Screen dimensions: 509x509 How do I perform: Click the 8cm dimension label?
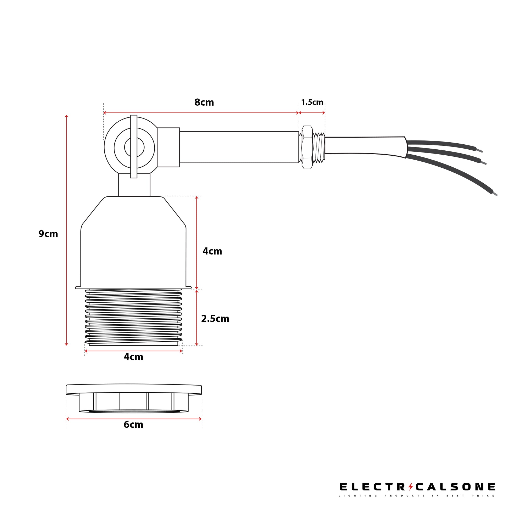pyautogui.click(x=204, y=102)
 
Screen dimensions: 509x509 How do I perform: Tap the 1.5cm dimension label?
pyautogui.click(x=312, y=102)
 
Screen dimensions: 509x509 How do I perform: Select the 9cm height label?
pyautogui.click(x=48, y=234)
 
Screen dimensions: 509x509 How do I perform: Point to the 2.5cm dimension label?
pyautogui.click(x=215, y=319)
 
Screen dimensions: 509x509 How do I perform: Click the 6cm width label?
pyautogui.click(x=133, y=425)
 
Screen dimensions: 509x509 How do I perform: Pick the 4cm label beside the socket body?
pyautogui.click(x=212, y=251)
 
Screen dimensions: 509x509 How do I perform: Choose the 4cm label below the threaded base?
pyautogui.click(x=133, y=357)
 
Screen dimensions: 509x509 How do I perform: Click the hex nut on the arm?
pyautogui.click(x=307, y=147)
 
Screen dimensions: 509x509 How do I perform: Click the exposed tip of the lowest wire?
pyautogui.click(x=495, y=194)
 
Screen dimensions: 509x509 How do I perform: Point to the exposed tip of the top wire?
pyautogui.click(x=480, y=151)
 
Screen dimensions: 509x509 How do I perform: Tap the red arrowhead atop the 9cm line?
pyautogui.click(x=66, y=116)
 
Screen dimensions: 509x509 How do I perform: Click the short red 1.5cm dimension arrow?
pyautogui.click(x=312, y=113)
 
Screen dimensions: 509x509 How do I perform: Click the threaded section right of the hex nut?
pyautogui.click(x=319, y=148)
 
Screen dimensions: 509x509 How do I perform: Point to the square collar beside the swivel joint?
pyautogui.click(x=168, y=147)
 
